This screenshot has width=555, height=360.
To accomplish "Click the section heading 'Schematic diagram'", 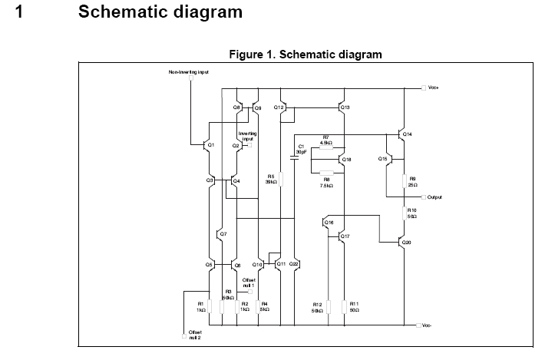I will pos(160,12).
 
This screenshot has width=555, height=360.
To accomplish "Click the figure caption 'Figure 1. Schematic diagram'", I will pos(305,54).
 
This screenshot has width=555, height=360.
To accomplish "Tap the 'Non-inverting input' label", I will pos(189,72).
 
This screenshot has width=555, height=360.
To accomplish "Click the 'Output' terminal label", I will pos(434,197).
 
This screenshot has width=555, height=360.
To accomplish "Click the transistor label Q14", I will pos(407,134).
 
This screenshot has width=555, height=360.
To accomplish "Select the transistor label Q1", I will pos(211,144).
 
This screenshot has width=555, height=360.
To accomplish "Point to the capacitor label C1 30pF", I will pos(301,149).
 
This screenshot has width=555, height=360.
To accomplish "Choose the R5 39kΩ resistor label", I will pos(271,179).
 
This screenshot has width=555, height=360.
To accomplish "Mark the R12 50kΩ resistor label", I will pos(317,308).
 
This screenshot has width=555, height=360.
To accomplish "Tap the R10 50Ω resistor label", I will pos(412,213).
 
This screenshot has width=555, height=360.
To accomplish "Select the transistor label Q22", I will pos(295,263).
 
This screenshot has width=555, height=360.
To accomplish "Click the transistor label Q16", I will pos(329,223).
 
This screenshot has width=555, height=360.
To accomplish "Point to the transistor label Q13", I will pos(345,107).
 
